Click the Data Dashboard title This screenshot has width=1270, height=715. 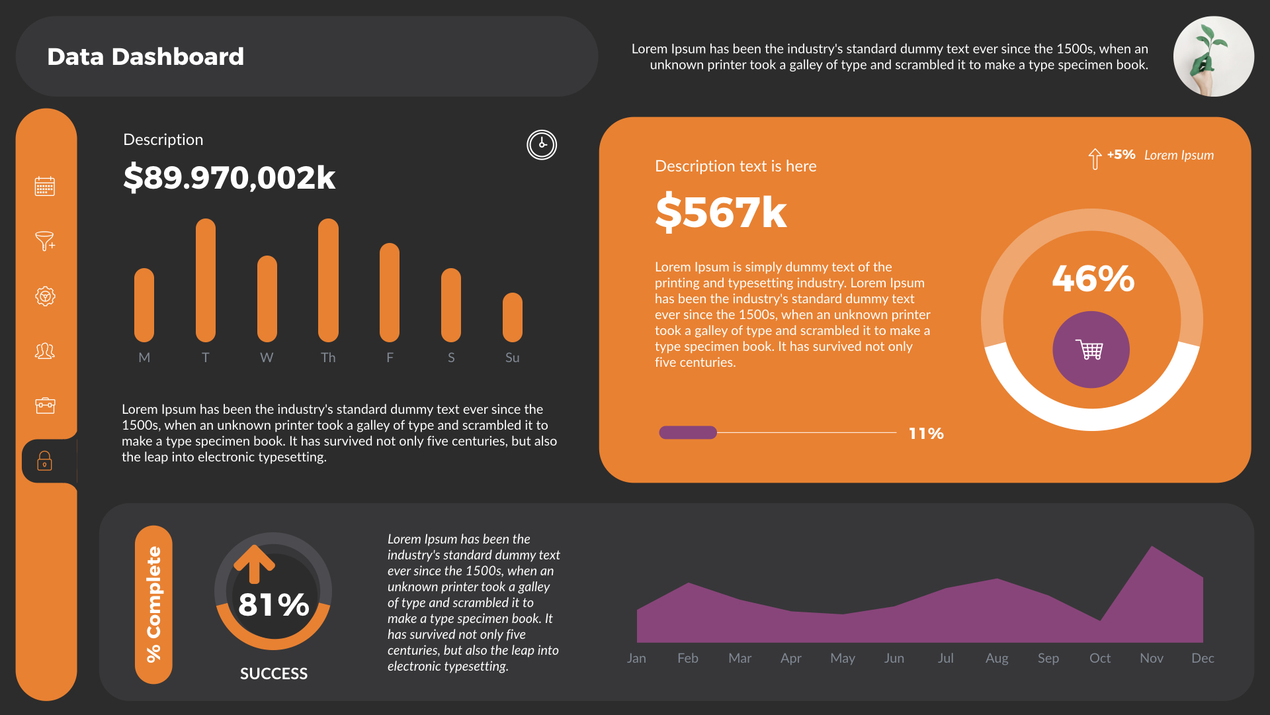point(146,57)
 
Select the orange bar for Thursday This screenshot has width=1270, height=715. point(328,280)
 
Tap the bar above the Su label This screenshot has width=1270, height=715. point(512,317)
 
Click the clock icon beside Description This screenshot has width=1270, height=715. point(541,144)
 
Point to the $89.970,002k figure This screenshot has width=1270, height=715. point(229,177)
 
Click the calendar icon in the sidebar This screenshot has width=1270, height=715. point(45,186)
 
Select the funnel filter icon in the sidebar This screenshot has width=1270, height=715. point(45,241)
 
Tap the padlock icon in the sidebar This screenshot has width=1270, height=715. point(45,461)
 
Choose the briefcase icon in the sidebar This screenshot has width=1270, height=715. point(45,405)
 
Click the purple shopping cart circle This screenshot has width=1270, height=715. point(1091,350)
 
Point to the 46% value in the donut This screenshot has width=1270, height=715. point(1093,279)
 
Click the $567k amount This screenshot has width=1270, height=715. point(721,213)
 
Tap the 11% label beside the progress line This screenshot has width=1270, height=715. point(925,434)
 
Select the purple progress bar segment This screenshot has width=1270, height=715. point(688,432)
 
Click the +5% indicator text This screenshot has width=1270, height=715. point(1121,155)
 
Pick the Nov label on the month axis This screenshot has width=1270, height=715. point(1151,658)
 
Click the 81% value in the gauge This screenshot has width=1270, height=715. point(273,604)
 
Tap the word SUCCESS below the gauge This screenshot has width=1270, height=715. point(273,674)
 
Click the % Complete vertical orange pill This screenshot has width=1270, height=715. point(153,604)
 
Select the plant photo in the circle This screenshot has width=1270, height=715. point(1213,56)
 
